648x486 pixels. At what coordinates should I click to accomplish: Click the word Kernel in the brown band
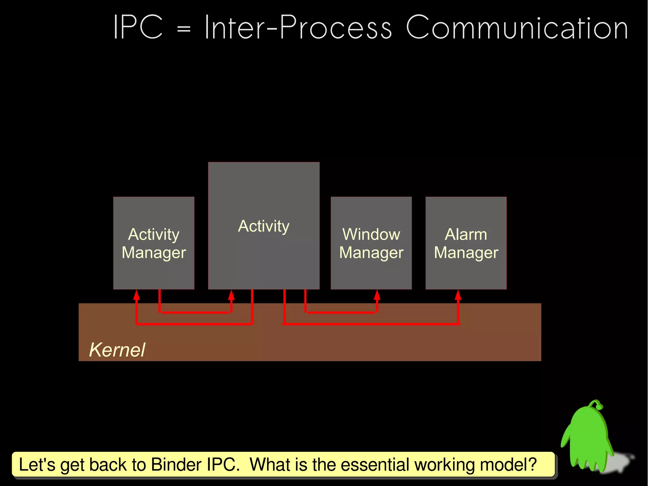click(117, 350)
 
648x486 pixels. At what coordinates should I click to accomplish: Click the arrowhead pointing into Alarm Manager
click(458, 295)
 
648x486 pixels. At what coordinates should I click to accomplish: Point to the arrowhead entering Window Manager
click(377, 295)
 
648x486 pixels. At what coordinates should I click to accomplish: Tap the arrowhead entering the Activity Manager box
click(136, 295)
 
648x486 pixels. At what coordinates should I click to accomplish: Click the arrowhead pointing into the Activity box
click(231, 295)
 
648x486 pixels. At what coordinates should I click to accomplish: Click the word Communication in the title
click(516, 28)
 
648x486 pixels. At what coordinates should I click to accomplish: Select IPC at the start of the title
click(138, 28)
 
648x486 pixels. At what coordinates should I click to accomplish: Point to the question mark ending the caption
click(533, 464)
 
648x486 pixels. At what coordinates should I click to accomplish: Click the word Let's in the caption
click(37, 464)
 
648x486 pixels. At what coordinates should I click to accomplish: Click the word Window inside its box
click(371, 235)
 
